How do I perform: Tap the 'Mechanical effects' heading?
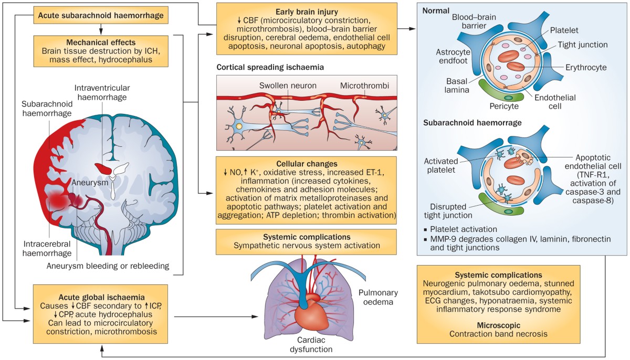click(101, 41)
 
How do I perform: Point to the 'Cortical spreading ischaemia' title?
click(270, 68)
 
